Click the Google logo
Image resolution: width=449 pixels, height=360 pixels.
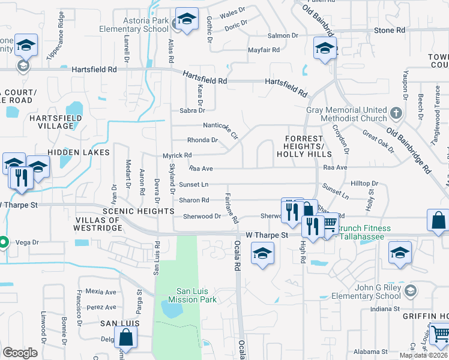pos(20,352)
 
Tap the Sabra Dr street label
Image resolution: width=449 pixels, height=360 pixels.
pos(193,110)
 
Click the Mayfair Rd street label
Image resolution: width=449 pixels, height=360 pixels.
pos(264,50)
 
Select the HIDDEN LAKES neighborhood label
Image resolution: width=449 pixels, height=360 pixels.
pos(79,152)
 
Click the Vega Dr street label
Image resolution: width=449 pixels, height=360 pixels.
pos(27,242)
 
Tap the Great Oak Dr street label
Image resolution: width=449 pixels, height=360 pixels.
pos(378,145)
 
